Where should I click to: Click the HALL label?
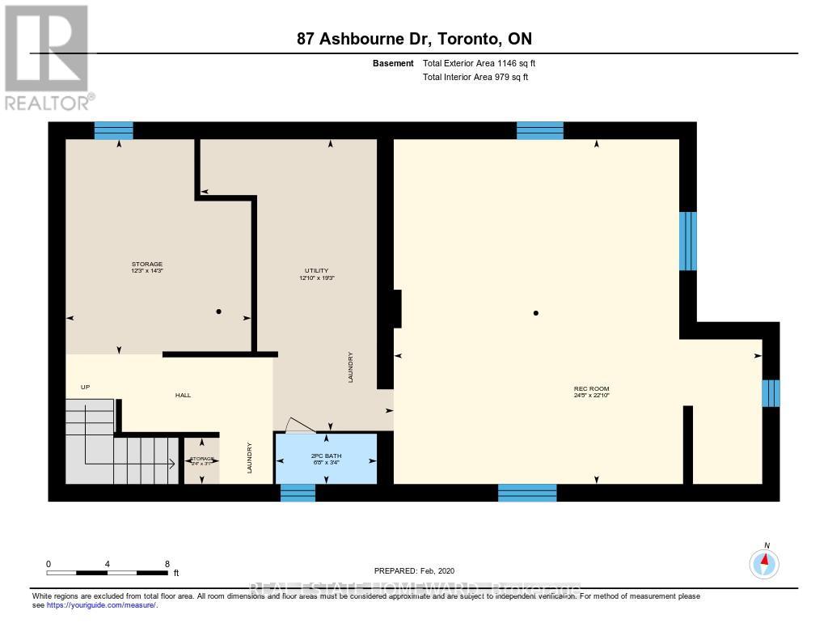pyautogui.click(x=183, y=395)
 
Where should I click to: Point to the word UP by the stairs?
pyautogui.click(x=85, y=388)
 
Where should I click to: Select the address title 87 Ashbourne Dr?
pyautogui.click(x=414, y=39)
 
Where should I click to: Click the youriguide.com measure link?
pyautogui.click(x=101, y=604)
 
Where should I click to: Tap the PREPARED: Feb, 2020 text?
pyautogui.click(x=420, y=570)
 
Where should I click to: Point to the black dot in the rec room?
pyautogui.click(x=535, y=312)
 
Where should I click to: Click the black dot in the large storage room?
pyautogui.click(x=218, y=312)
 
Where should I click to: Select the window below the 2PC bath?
pyautogui.click(x=298, y=492)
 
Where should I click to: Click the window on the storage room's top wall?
pyautogui.click(x=113, y=130)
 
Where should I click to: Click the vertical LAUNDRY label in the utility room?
pyautogui.click(x=350, y=367)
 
